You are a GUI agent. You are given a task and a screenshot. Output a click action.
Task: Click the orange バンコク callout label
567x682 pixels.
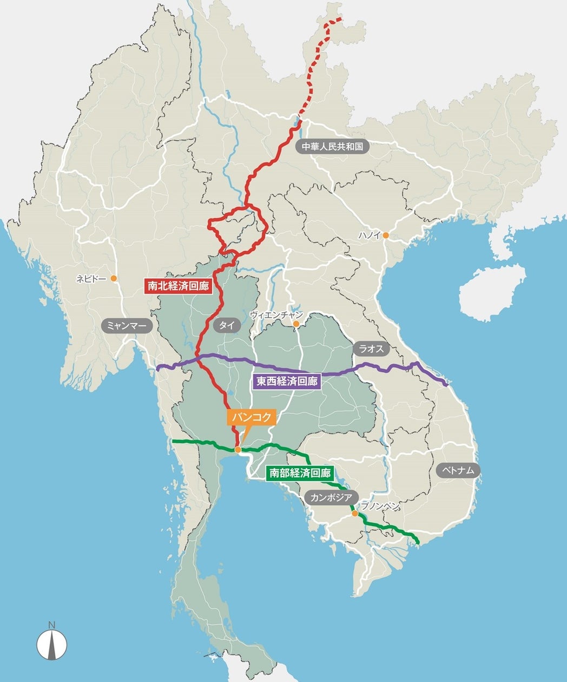[251, 417]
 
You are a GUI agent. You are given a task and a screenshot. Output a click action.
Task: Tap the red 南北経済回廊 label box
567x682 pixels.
[177, 286]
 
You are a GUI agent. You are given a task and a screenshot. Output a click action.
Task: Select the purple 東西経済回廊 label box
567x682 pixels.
[287, 381]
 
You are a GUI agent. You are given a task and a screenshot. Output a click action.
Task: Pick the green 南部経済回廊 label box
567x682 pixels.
[300, 473]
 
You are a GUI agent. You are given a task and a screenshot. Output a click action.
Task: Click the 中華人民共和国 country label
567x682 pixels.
[332, 146]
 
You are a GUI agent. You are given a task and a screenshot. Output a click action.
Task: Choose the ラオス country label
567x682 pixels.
[371, 349]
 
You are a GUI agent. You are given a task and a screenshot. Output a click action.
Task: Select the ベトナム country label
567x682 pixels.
[458, 470]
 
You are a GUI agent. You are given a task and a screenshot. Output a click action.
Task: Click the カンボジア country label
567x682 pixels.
[331, 497]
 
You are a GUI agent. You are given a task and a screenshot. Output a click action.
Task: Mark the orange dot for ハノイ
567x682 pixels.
[386, 235]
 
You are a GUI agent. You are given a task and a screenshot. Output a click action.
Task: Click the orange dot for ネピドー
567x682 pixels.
[114, 278]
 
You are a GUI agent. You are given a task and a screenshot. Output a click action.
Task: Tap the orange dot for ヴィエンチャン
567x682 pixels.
[296, 324]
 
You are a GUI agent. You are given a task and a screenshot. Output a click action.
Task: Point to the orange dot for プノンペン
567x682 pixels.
[354, 514]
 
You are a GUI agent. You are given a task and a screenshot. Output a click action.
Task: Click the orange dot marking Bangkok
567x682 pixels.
[238, 449]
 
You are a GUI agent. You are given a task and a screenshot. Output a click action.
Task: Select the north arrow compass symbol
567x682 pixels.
[51, 644]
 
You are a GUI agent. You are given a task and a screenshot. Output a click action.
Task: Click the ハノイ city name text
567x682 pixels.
[370, 235]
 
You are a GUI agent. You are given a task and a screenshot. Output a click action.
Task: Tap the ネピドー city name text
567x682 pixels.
[91, 278]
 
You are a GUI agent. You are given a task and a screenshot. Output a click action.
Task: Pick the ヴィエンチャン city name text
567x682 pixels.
[276, 314]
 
